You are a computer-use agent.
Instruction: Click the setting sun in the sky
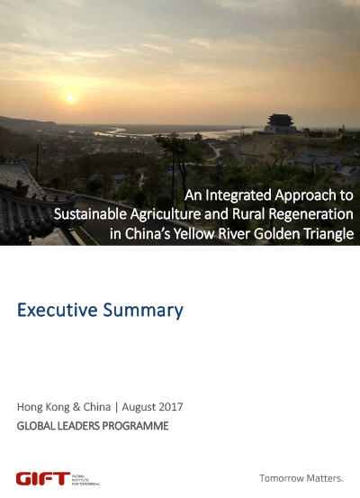[x=70, y=98]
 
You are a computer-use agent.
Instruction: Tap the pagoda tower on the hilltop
[x=280, y=124]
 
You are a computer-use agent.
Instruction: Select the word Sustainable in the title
[x=90, y=214]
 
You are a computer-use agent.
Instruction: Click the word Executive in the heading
[x=57, y=310]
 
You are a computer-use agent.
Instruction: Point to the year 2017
[x=171, y=407]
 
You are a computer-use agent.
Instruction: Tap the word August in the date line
[x=139, y=407]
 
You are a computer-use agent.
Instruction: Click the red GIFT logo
[x=43, y=478]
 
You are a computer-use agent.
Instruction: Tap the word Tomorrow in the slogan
[x=278, y=478]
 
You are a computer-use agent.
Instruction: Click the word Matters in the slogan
[x=320, y=478]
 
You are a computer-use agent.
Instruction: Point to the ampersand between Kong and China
[x=76, y=407]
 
